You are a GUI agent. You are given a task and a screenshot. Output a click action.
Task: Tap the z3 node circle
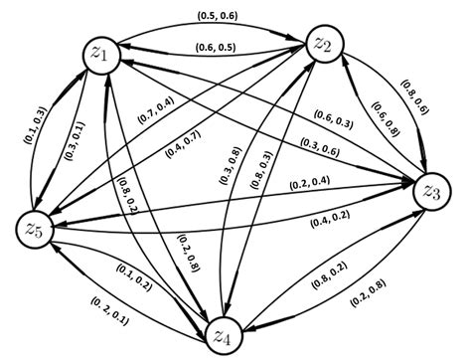(432, 190)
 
